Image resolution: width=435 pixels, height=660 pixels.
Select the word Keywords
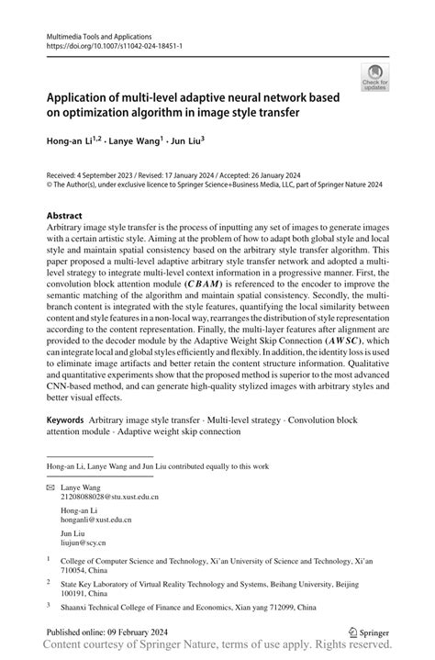[70, 419]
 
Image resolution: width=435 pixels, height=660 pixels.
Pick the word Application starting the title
[83, 97]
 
